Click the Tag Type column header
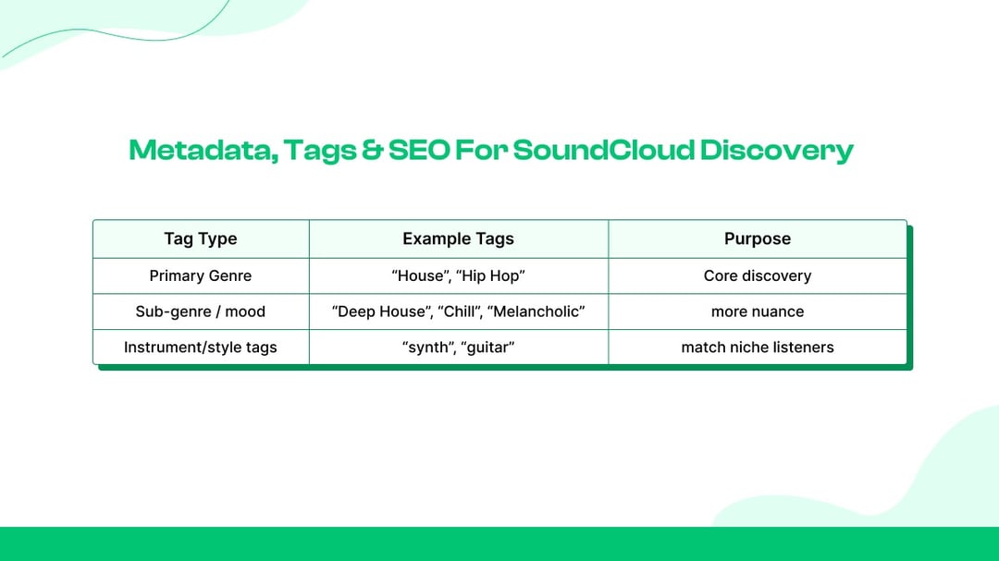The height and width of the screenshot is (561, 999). pos(200,238)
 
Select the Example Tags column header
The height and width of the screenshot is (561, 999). pos(458,238)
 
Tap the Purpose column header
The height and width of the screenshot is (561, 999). pos(758,238)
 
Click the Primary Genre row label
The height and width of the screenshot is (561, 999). pos(200,275)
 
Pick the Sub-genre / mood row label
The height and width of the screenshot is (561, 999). pos(200,311)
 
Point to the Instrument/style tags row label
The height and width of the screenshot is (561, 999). pos(200,347)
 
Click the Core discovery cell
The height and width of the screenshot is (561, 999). pos(758,275)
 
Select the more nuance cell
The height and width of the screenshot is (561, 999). pos(758,311)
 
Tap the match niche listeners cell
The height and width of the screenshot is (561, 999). pos(758,347)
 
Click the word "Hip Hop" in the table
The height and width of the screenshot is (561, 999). pos(490,275)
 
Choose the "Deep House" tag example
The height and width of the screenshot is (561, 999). pos(382,311)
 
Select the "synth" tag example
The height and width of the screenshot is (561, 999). pos(429,347)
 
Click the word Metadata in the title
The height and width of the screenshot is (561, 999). pos(203,151)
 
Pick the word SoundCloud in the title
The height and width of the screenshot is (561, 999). pos(603,151)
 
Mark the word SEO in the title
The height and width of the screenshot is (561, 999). pos(419,151)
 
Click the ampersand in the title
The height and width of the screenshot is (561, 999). pos(372,151)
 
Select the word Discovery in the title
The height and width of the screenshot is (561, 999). pos(777,152)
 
